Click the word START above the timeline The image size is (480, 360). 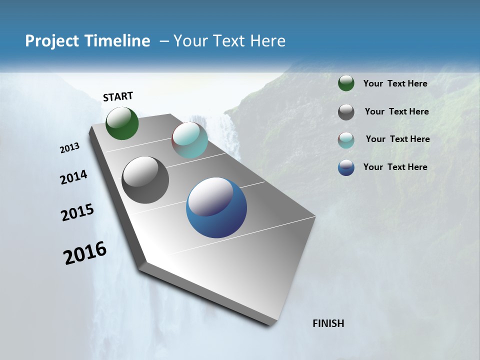(118, 96)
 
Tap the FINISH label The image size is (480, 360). (328, 323)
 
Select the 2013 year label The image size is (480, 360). (70, 148)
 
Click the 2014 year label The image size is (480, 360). (74, 177)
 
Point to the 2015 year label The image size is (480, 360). (77, 212)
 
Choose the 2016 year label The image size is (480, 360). (85, 253)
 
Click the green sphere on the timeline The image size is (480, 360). (122, 123)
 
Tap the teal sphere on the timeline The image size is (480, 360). (189, 140)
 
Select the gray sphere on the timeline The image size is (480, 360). (145, 180)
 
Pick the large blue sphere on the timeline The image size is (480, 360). (216, 207)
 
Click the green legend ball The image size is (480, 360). (346, 83)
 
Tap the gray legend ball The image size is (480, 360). (346, 112)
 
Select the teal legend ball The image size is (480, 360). (346, 140)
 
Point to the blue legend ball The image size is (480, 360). (346, 167)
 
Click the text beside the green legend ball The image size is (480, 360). (395, 83)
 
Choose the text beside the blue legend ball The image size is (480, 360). (395, 167)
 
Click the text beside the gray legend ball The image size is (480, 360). (396, 111)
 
